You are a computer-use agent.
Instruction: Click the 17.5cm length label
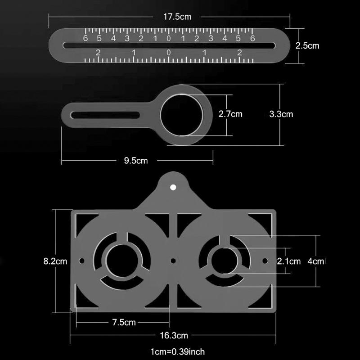coord(178,17)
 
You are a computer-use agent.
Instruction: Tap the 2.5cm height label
coord(307,45)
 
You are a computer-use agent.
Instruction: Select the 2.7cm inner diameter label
coord(230,114)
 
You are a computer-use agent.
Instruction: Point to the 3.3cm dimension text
coord(281,114)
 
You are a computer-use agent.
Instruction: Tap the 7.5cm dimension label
coord(124,322)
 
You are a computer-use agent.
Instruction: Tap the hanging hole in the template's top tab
coord(173,186)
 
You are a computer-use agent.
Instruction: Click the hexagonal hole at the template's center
coord(173,260)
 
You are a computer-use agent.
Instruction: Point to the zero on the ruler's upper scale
coord(169,39)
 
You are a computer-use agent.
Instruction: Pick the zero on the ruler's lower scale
coord(168,53)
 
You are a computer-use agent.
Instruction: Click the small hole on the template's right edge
coord(265,260)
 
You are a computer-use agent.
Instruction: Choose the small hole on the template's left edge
coord(81,261)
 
